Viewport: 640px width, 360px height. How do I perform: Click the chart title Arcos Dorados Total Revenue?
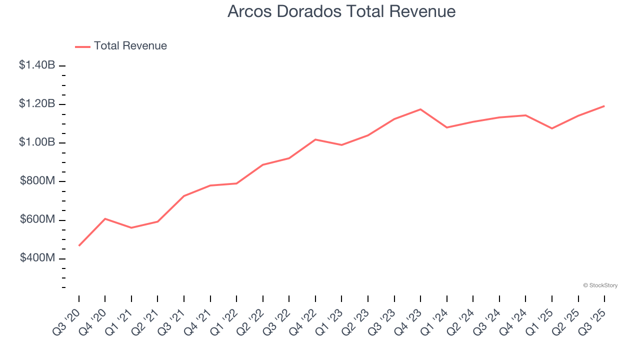click(x=341, y=11)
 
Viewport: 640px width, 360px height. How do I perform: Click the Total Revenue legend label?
click(x=130, y=46)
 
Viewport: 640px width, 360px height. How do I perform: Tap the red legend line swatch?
click(x=82, y=46)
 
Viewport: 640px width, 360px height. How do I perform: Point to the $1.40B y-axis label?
click(x=37, y=65)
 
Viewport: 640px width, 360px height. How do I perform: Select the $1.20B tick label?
click(x=37, y=104)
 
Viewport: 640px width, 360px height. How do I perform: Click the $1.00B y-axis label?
click(x=37, y=142)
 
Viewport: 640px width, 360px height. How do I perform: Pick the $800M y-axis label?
click(x=37, y=181)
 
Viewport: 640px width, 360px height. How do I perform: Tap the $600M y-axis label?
click(x=37, y=219)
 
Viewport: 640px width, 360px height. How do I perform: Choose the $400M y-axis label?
click(x=37, y=258)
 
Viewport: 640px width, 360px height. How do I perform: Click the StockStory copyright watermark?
click(x=600, y=285)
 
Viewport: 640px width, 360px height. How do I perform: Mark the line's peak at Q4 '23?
click(x=420, y=109)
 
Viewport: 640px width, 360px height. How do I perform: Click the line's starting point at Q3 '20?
click(x=79, y=245)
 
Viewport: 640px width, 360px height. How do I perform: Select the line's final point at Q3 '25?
click(x=604, y=106)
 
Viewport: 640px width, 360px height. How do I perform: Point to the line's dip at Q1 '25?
click(x=552, y=128)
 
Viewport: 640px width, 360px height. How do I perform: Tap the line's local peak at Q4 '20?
click(x=105, y=218)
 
